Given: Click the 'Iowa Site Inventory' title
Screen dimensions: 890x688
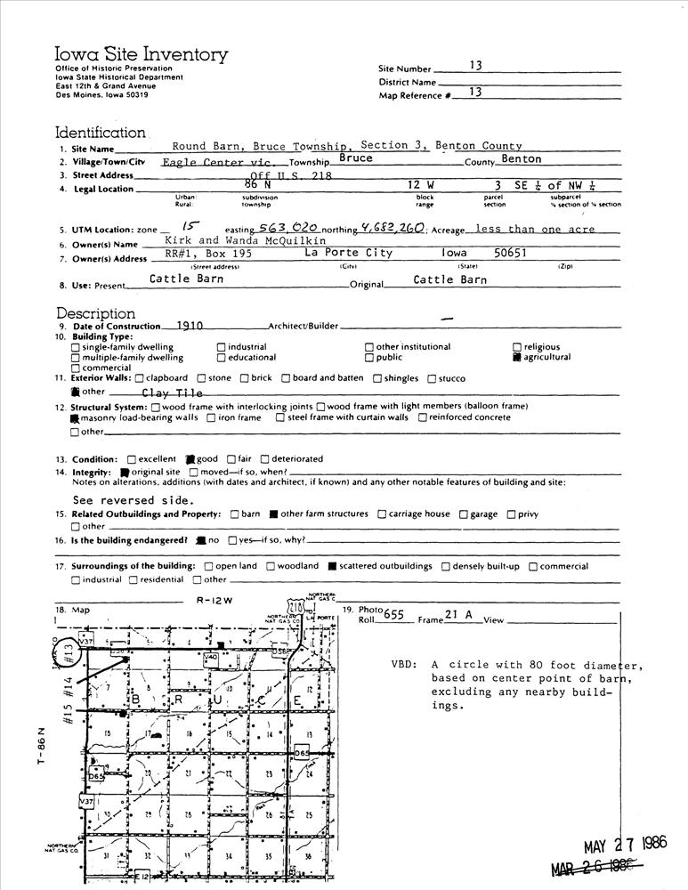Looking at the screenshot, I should tap(142, 55).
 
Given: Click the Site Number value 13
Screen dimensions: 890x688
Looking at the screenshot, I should tap(475, 65).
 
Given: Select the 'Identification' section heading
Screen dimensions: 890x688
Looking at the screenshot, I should tap(101, 132).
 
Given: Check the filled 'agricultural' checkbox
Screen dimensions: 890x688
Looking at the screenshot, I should tap(517, 358).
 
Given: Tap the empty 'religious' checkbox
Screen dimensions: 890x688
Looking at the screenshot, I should tap(517, 347).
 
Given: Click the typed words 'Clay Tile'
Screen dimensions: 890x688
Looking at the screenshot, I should tap(172, 392).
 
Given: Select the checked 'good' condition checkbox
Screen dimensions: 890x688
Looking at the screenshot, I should tap(190, 459).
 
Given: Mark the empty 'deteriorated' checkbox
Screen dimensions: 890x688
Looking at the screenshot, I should tap(264, 459).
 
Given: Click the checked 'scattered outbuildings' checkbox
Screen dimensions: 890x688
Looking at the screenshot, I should tap(332, 566).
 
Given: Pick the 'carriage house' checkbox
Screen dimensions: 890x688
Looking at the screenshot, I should tap(382, 514).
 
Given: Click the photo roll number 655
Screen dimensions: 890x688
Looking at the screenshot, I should tap(393, 615).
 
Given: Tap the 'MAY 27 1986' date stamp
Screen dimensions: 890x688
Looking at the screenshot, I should tap(625, 845).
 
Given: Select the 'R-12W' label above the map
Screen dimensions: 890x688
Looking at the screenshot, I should tap(214, 600).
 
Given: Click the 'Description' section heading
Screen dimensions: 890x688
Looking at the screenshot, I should tap(96, 313).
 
